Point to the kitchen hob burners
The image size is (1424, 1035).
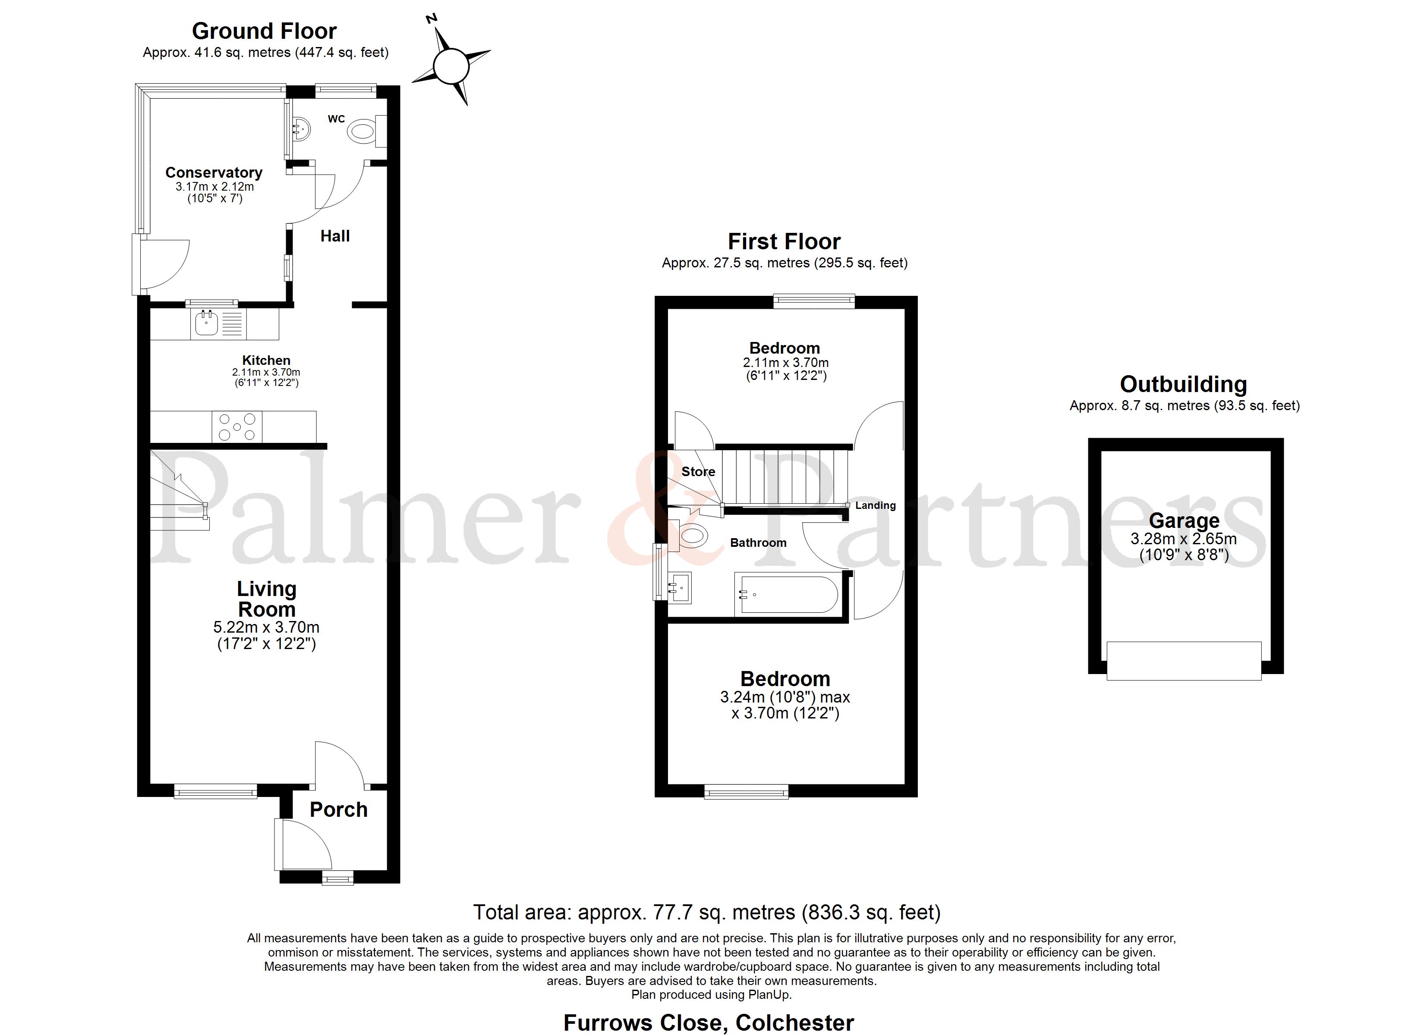click(x=237, y=427)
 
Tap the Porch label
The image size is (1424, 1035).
click(x=338, y=810)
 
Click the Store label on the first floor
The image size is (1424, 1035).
click(x=698, y=471)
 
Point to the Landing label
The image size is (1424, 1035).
click(x=875, y=505)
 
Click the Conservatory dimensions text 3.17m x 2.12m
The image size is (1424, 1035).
click(x=215, y=186)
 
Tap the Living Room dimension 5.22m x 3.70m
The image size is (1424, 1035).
click(x=266, y=627)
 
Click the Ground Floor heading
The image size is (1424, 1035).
click(x=265, y=31)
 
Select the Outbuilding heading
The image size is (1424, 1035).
click(x=1184, y=384)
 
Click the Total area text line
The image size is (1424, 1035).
click(x=707, y=912)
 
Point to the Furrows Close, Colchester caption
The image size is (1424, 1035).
click(x=709, y=1023)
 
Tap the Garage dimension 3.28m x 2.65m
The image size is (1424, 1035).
click(x=1184, y=539)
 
